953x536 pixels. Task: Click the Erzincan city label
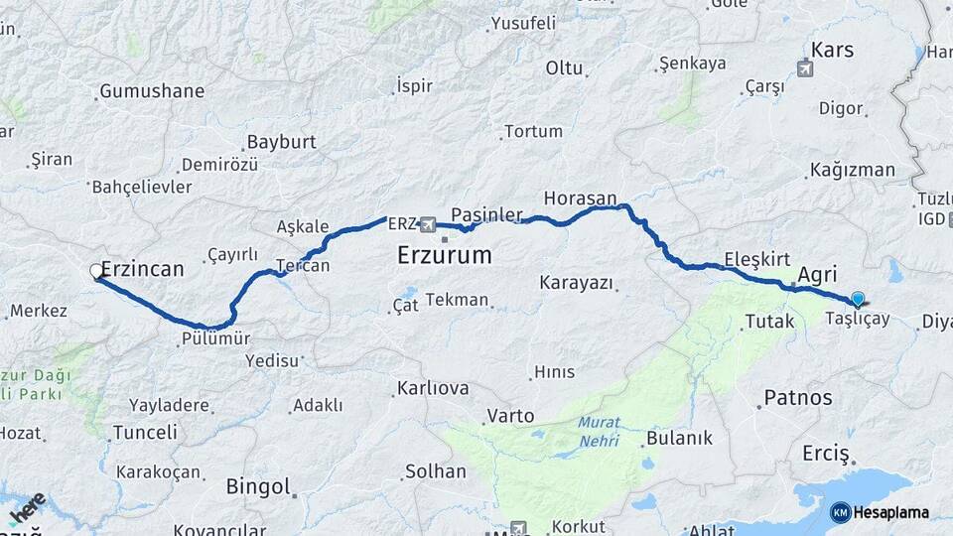[x=143, y=269]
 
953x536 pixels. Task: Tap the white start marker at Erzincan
[x=97, y=270]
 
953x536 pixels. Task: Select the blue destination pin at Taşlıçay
[x=858, y=298]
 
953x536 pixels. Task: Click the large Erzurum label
[x=444, y=255]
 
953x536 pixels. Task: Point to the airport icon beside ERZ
[x=428, y=223]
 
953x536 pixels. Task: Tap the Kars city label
[x=832, y=49]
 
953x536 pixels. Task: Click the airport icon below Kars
[x=804, y=68]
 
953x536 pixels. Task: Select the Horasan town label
[x=581, y=198]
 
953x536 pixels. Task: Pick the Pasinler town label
[x=486, y=214]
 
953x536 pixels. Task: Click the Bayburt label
[x=281, y=142]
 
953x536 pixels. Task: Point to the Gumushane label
[x=152, y=91]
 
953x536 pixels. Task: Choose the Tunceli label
[x=145, y=433]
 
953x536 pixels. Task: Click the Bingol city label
[x=258, y=486]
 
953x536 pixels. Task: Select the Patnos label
[x=798, y=398]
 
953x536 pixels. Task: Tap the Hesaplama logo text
[x=890, y=512]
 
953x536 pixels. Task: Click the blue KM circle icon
[x=841, y=512]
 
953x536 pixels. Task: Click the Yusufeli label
[x=523, y=22]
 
